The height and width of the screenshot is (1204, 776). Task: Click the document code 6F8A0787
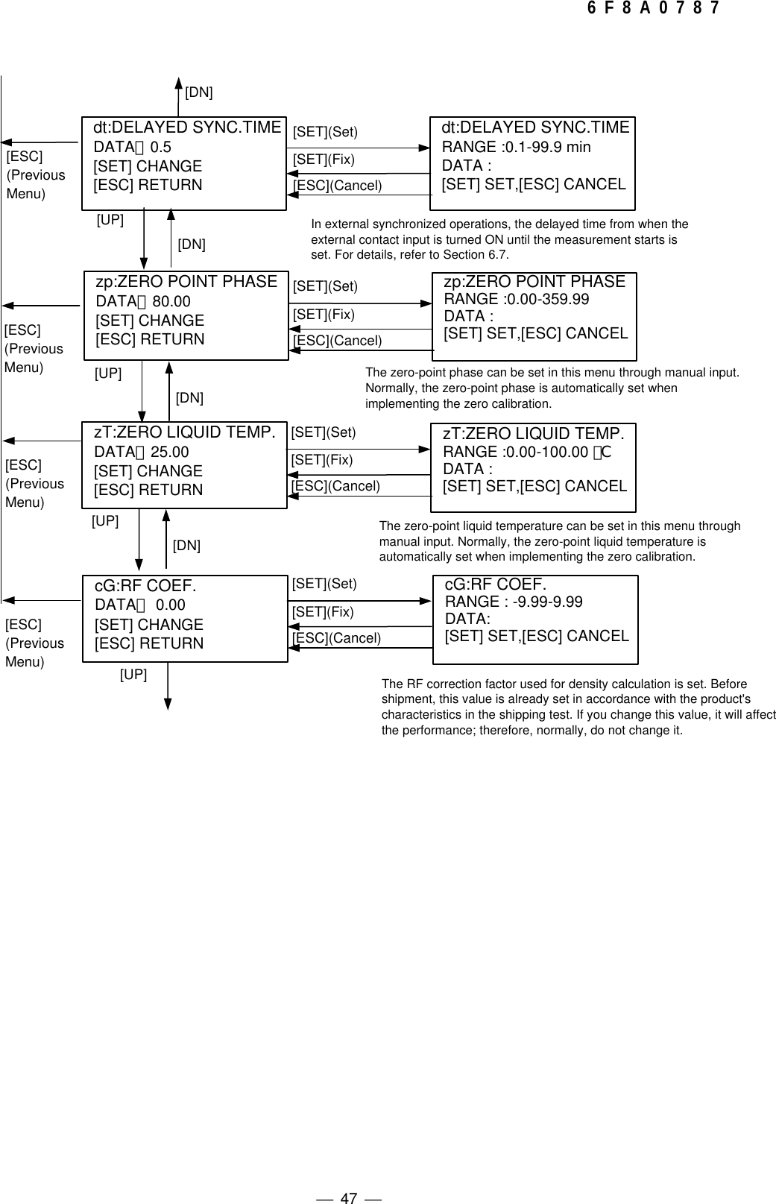click(x=653, y=9)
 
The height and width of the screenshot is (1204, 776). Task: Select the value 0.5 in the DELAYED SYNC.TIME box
click(x=161, y=147)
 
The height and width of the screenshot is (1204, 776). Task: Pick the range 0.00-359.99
click(x=547, y=300)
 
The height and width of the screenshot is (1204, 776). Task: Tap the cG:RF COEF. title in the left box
click(x=145, y=586)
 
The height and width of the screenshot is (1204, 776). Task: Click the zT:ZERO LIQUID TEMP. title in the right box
click(x=534, y=434)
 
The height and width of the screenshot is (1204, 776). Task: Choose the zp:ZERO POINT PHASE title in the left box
click(x=186, y=282)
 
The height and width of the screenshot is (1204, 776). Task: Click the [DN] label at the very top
click(x=198, y=92)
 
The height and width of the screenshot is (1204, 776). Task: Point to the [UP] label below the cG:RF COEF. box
click(x=133, y=675)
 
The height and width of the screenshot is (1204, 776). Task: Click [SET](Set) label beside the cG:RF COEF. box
click(x=324, y=584)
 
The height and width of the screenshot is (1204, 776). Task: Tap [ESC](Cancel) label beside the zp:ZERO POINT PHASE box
click(x=337, y=341)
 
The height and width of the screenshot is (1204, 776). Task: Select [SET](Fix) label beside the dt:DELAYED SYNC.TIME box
click(x=324, y=160)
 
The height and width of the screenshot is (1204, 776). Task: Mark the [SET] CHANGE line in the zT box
click(x=148, y=471)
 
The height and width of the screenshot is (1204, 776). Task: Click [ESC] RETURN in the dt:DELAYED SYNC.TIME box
click(x=148, y=185)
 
